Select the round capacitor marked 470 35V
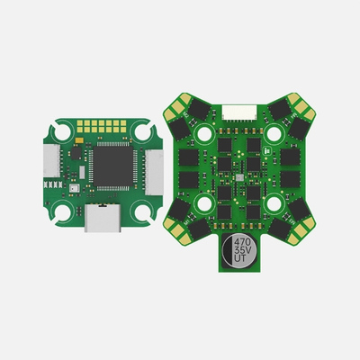243,249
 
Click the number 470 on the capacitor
243,241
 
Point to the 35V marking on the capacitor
243,249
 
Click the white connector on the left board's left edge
50,166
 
